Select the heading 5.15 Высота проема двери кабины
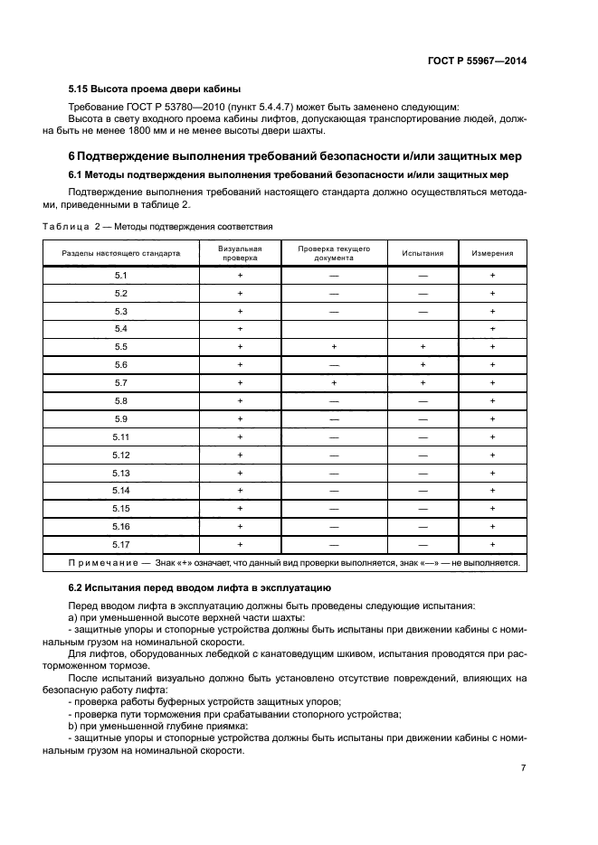(x=155, y=89)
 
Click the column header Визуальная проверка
(x=240, y=253)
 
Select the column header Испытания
(x=422, y=254)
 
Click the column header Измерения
(x=492, y=254)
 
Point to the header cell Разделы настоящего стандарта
(x=121, y=254)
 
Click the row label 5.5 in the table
(x=121, y=347)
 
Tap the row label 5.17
(x=121, y=544)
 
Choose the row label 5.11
(x=121, y=437)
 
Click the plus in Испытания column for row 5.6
(x=422, y=365)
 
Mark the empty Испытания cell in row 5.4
(x=422, y=329)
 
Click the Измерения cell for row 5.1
(x=492, y=276)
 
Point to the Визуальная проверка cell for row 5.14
(x=240, y=490)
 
